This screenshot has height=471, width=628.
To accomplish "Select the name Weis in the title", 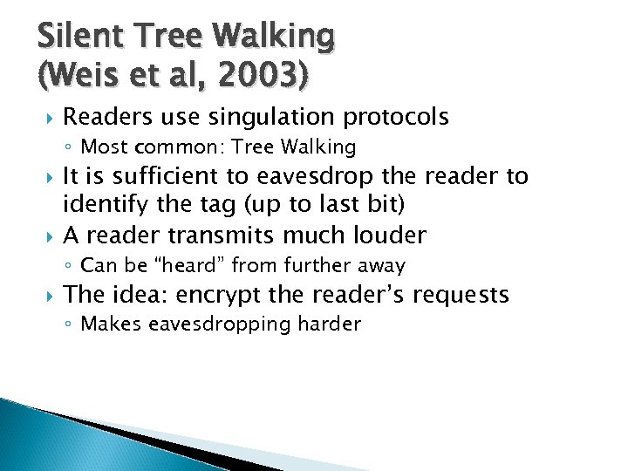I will pyautogui.click(x=80, y=77).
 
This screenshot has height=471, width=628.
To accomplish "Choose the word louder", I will pyautogui.click(x=390, y=235).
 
